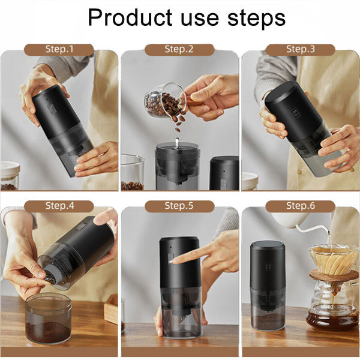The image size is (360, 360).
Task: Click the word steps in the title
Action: [255, 18]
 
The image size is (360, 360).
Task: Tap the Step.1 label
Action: [59, 49]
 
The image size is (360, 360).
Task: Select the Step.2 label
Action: [179, 49]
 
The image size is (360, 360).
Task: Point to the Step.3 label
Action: [300, 49]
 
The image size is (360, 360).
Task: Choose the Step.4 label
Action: [59, 206]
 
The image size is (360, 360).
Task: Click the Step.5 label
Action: [179, 206]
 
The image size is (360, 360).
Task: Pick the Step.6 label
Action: [300, 206]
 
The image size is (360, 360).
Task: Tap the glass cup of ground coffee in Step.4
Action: [48, 318]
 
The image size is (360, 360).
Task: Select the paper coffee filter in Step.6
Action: [333, 259]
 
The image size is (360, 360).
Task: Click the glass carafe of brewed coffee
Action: [331, 309]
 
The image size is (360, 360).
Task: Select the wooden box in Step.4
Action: [111, 309]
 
